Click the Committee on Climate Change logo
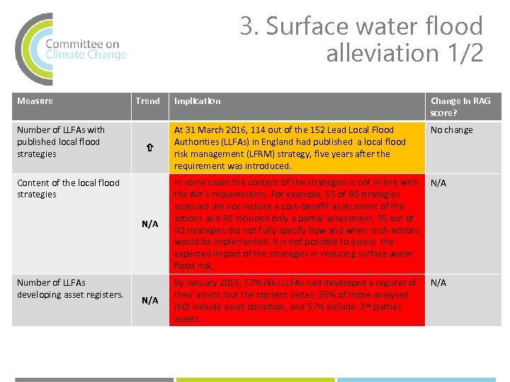tap(71, 48)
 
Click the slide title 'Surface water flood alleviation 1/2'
tap(361, 40)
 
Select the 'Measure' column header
tap(35, 101)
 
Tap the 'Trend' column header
tap(148, 101)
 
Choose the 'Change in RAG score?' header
tap(460, 107)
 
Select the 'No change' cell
tap(451, 130)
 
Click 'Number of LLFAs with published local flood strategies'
tap(60, 141)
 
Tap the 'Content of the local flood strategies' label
tap(68, 188)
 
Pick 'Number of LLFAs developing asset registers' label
tap(69, 289)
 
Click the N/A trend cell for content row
tap(149, 224)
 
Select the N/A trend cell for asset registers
tap(149, 301)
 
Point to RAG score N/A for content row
tap(438, 183)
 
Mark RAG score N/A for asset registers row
tap(438, 283)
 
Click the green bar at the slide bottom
tap(254, 379)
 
